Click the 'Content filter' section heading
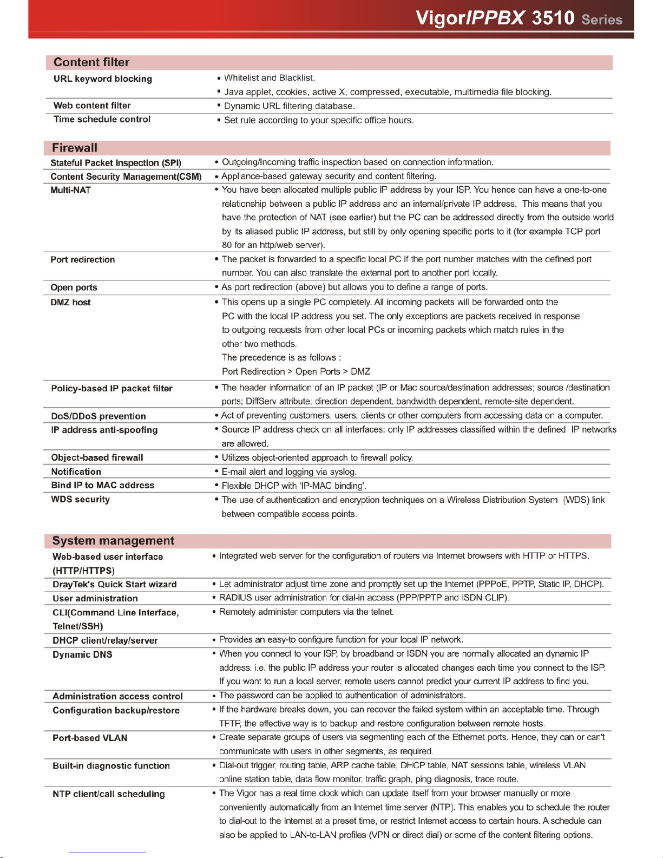[x=91, y=62]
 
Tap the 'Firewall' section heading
[x=75, y=148]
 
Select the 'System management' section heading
[x=113, y=541]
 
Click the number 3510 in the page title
[x=553, y=18]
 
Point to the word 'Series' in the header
[x=602, y=20]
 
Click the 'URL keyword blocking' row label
[x=103, y=79]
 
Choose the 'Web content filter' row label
[x=92, y=106]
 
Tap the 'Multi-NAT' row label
[x=71, y=190]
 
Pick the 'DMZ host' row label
[x=71, y=302]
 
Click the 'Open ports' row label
[x=74, y=287]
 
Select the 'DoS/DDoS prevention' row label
[x=99, y=416]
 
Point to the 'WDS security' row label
[x=81, y=499]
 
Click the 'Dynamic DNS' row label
[x=82, y=654]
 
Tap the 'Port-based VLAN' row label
[x=90, y=738]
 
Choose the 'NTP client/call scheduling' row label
[x=109, y=794]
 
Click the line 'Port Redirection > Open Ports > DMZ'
[x=296, y=371]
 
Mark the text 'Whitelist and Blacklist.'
[x=270, y=78]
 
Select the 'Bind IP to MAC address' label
[x=103, y=485]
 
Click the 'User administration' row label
[x=95, y=598]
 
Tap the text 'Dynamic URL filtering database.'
[x=289, y=106]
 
